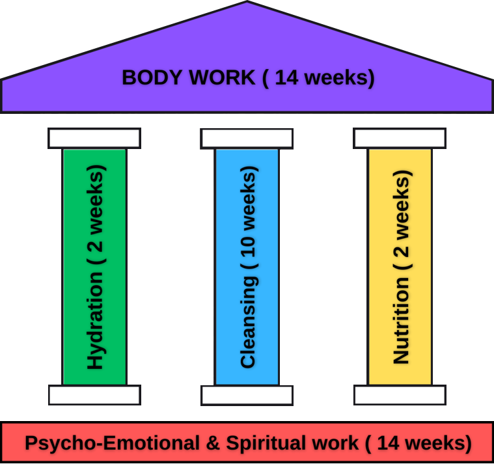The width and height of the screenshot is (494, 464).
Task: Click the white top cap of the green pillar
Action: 94,138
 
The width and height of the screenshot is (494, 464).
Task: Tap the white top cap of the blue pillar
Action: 247,138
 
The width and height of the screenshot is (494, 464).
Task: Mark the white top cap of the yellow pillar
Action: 400,138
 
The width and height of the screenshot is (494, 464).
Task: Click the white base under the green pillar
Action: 94,395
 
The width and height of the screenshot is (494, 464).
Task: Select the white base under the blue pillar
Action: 247,395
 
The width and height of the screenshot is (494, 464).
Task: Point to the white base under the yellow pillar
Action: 400,395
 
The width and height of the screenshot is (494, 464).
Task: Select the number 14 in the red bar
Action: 387,444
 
